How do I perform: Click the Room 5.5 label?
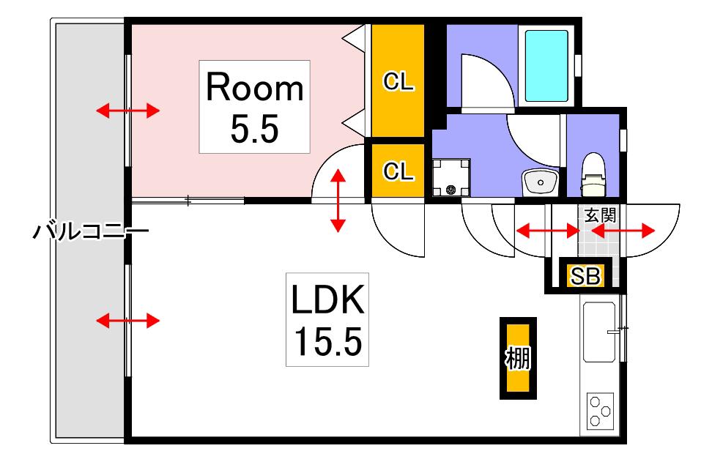tap(254, 107)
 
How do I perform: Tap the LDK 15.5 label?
tap(327, 319)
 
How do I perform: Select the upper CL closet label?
tap(398, 82)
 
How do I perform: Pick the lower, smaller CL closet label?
tap(398, 171)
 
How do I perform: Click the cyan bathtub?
tap(546, 66)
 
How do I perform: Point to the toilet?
tap(594, 174)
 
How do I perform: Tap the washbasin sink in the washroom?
tap(541, 183)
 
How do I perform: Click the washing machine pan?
tap(451, 177)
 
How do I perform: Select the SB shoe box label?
tap(585, 275)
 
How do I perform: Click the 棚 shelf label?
tap(518, 358)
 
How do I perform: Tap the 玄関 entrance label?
tap(601, 215)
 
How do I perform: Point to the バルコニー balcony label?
tap(91, 231)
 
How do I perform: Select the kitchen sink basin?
tap(599, 332)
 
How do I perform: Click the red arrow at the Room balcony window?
tap(128, 111)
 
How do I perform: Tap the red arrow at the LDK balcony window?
tap(128, 321)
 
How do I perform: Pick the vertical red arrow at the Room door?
tap(338, 201)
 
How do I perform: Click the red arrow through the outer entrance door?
tap(623, 231)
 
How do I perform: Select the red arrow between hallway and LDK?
tap(548, 231)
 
